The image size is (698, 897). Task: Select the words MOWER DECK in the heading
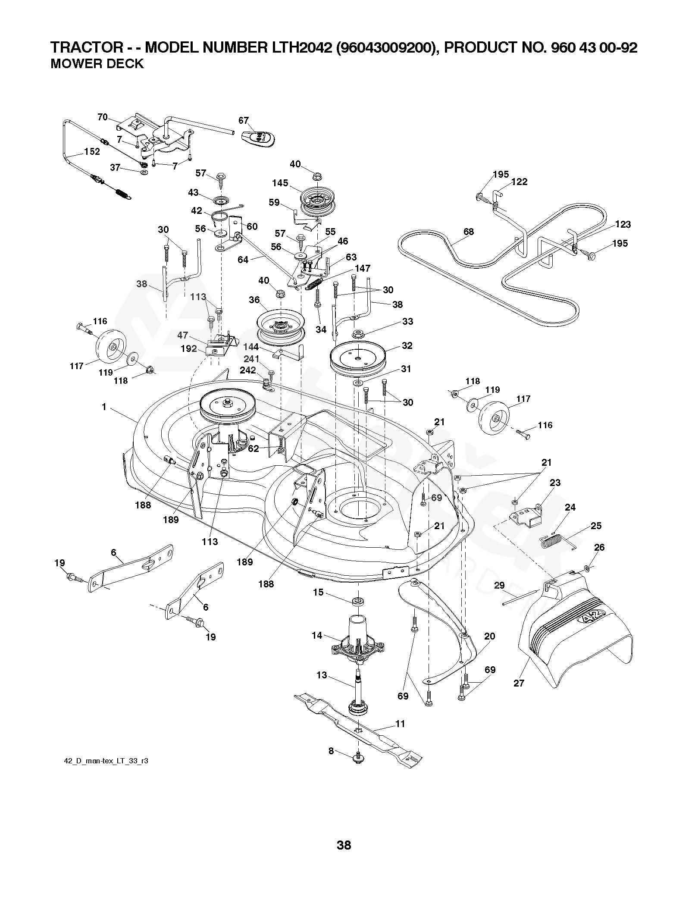97,64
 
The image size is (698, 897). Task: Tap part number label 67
244,120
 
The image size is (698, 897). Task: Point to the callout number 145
280,183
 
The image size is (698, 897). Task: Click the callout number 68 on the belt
469,232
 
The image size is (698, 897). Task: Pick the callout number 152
92,151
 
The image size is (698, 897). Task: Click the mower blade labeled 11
358,729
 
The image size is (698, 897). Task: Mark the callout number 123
623,224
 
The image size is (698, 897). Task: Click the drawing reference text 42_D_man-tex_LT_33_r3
106,761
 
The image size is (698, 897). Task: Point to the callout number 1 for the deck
103,407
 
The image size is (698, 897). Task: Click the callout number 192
189,348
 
